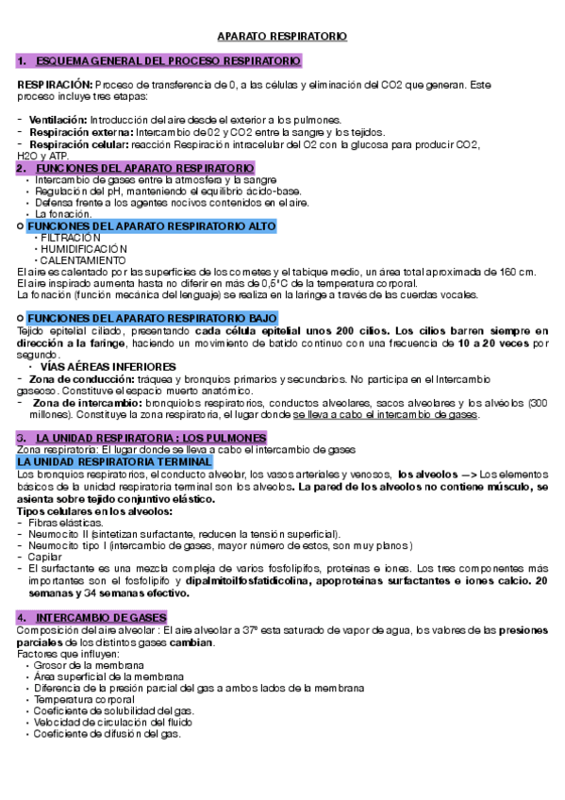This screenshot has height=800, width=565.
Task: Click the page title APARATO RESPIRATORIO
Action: tap(282, 37)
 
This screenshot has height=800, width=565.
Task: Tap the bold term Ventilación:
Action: tap(58, 120)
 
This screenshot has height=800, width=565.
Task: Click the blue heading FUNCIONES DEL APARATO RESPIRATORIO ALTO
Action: tap(152, 227)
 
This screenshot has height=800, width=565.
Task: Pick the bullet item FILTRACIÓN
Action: tap(70, 239)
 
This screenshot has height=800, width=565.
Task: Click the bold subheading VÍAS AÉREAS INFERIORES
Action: tap(108, 365)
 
